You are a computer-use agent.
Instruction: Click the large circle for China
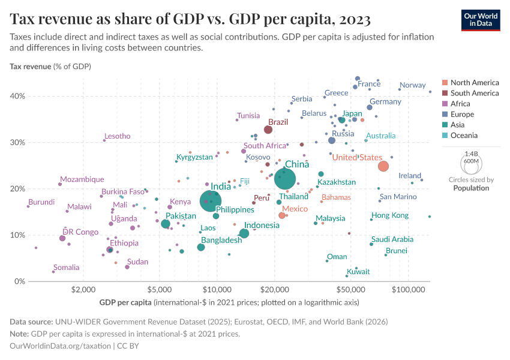tap(285, 178)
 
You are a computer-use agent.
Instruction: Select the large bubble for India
tap(210, 201)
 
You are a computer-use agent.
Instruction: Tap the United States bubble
tap(383, 166)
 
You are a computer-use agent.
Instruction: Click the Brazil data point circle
tap(268, 130)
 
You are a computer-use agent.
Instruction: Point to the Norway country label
tap(412, 85)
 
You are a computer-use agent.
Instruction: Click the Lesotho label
tap(117, 136)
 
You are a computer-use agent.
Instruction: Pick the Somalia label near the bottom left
tap(66, 268)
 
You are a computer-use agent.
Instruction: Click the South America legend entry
tap(474, 93)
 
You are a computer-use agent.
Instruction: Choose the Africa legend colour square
tap(444, 104)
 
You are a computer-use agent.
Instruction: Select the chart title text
tap(190, 19)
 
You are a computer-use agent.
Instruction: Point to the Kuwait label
tap(358, 272)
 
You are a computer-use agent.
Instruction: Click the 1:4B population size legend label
tap(471, 154)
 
